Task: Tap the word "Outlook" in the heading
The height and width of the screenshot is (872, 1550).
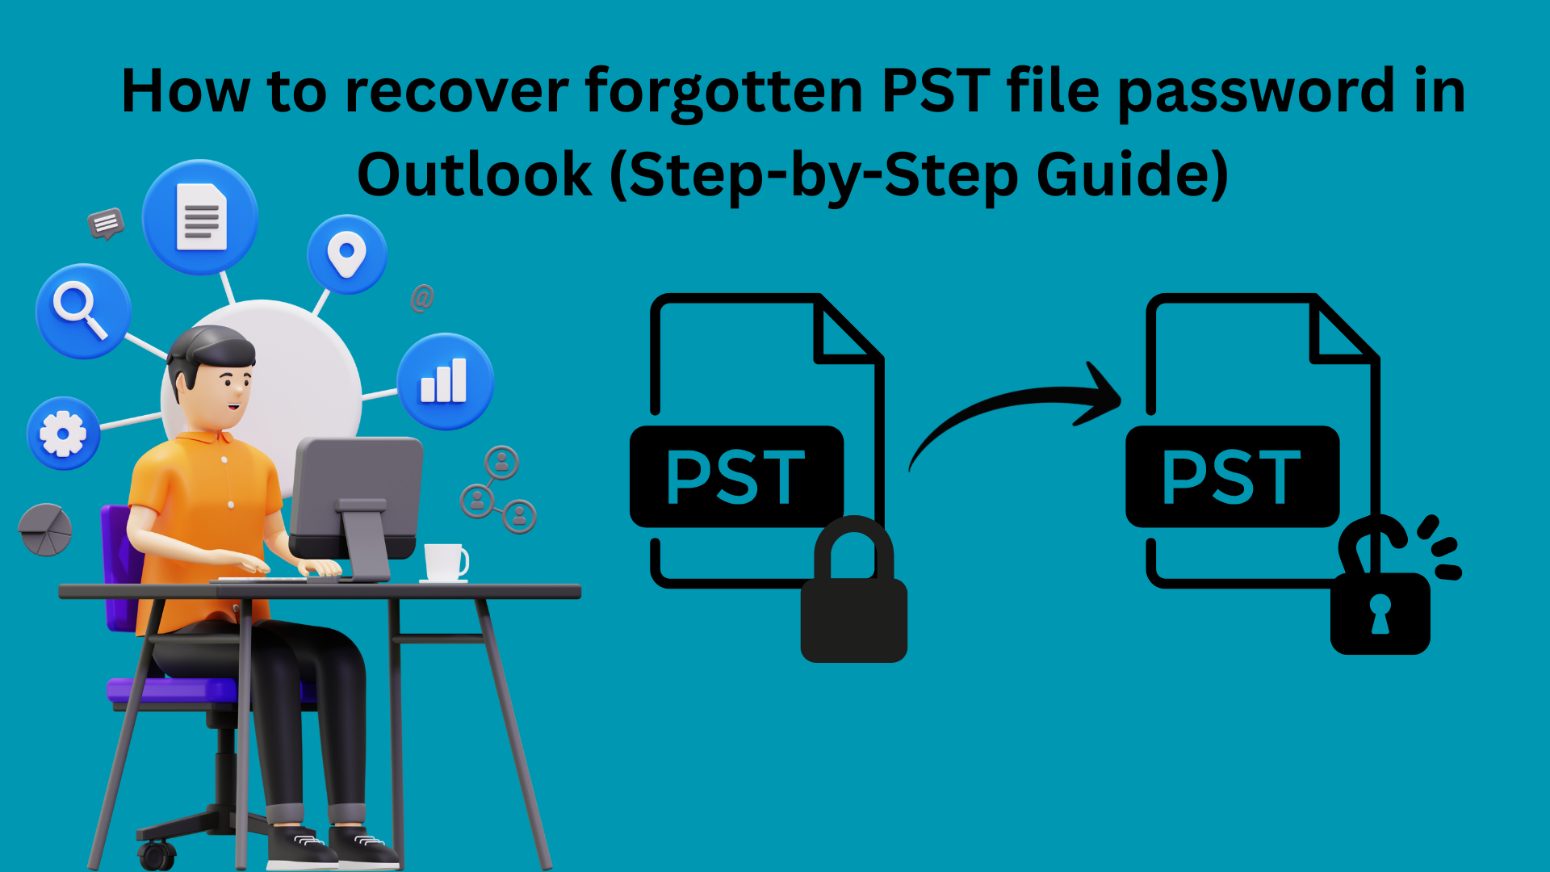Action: pyautogui.click(x=475, y=174)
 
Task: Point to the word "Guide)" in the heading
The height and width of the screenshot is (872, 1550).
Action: pyautogui.click(x=1132, y=175)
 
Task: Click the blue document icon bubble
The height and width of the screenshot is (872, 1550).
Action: pyautogui.click(x=200, y=217)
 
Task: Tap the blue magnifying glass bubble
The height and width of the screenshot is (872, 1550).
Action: pyautogui.click(x=83, y=312)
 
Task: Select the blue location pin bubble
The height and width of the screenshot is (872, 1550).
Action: pyautogui.click(x=347, y=254)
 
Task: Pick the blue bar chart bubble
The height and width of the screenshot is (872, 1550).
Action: pyautogui.click(x=445, y=381)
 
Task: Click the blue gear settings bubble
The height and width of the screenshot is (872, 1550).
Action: pyautogui.click(x=63, y=434)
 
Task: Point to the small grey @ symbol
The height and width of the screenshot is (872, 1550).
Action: pyautogui.click(x=422, y=298)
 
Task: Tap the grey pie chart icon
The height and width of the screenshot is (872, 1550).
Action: pyautogui.click(x=45, y=530)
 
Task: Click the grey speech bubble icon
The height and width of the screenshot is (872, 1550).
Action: pyautogui.click(x=106, y=224)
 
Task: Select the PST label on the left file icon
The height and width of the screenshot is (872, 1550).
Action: pyautogui.click(x=736, y=477)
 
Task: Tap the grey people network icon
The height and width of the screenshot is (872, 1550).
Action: pyautogui.click(x=499, y=490)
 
